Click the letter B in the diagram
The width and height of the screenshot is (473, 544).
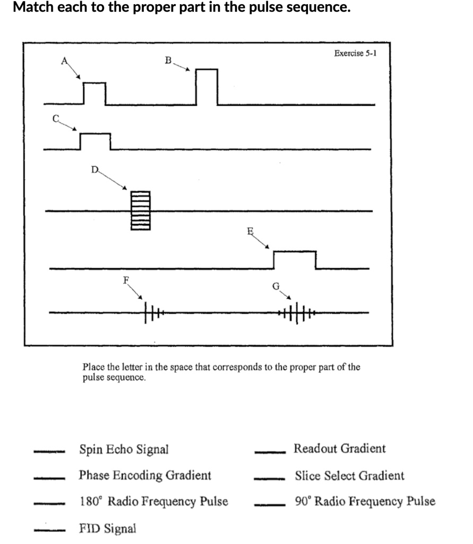[168, 60]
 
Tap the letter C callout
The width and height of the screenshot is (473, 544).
[55, 118]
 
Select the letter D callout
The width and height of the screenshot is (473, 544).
[94, 169]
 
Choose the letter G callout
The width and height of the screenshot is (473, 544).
[276, 286]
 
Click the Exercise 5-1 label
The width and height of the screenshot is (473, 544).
[355, 53]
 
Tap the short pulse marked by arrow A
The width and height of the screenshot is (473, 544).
[94, 93]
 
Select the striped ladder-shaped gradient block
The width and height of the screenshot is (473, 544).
[141, 210]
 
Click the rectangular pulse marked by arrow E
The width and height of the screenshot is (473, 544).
[295, 260]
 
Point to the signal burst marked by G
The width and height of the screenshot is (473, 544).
[297, 313]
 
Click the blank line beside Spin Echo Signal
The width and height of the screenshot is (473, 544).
[49, 453]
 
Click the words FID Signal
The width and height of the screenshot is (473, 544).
[107, 529]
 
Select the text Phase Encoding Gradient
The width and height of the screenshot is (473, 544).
[145, 475]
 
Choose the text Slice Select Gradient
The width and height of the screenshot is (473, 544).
[349, 475]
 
